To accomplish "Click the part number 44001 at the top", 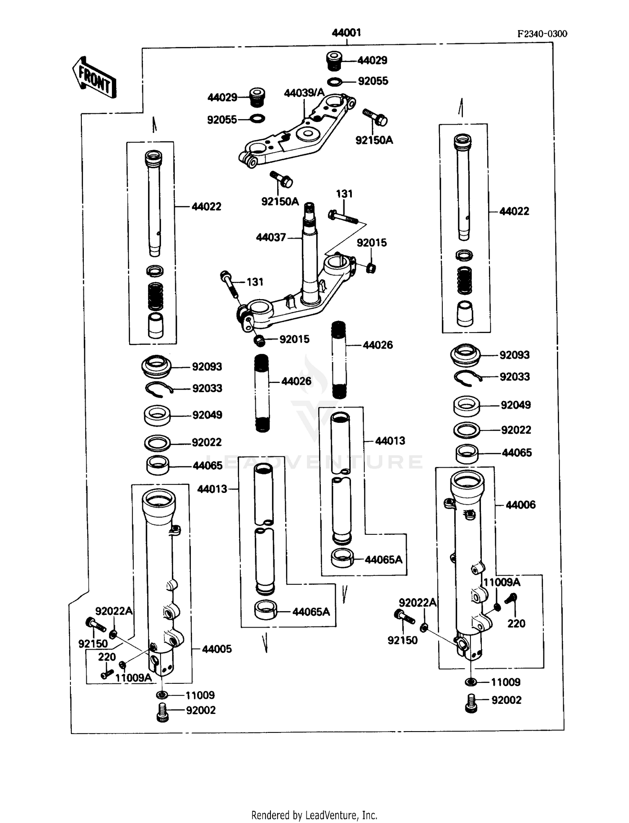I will [346, 33].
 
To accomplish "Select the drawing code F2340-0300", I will [542, 34].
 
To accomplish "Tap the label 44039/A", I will [304, 93].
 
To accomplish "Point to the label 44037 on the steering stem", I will [271, 237].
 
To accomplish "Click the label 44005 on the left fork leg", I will [217, 649].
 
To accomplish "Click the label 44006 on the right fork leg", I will [520, 505].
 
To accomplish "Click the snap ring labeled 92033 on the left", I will [159, 389].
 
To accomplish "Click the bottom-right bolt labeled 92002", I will [471, 703].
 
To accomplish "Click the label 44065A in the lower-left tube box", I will [311, 612].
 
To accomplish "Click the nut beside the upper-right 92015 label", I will [371, 268].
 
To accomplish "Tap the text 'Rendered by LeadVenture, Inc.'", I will [314, 815].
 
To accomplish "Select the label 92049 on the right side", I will [515, 405].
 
